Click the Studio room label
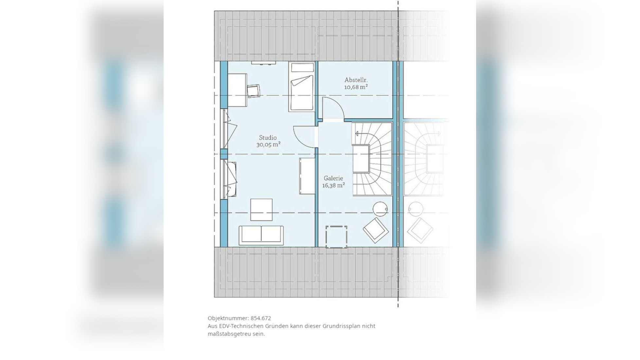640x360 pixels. [x=268, y=138]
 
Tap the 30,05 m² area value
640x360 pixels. [x=268, y=145]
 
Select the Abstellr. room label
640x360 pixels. [x=356, y=80]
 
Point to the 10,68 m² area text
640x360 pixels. [x=356, y=87]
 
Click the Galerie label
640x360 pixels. [x=333, y=178]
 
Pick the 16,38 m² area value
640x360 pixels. [x=333, y=186]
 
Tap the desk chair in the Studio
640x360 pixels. [x=254, y=91]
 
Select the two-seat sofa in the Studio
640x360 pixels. [x=261, y=235]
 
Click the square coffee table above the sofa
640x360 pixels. [x=261, y=210]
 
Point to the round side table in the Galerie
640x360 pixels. [x=380, y=209]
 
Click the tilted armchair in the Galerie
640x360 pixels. [x=376, y=230]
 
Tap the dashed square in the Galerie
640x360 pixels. [x=336, y=236]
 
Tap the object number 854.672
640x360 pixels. [x=261, y=318]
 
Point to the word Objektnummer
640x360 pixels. [x=228, y=318]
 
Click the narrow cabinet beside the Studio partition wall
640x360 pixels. [x=307, y=176]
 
